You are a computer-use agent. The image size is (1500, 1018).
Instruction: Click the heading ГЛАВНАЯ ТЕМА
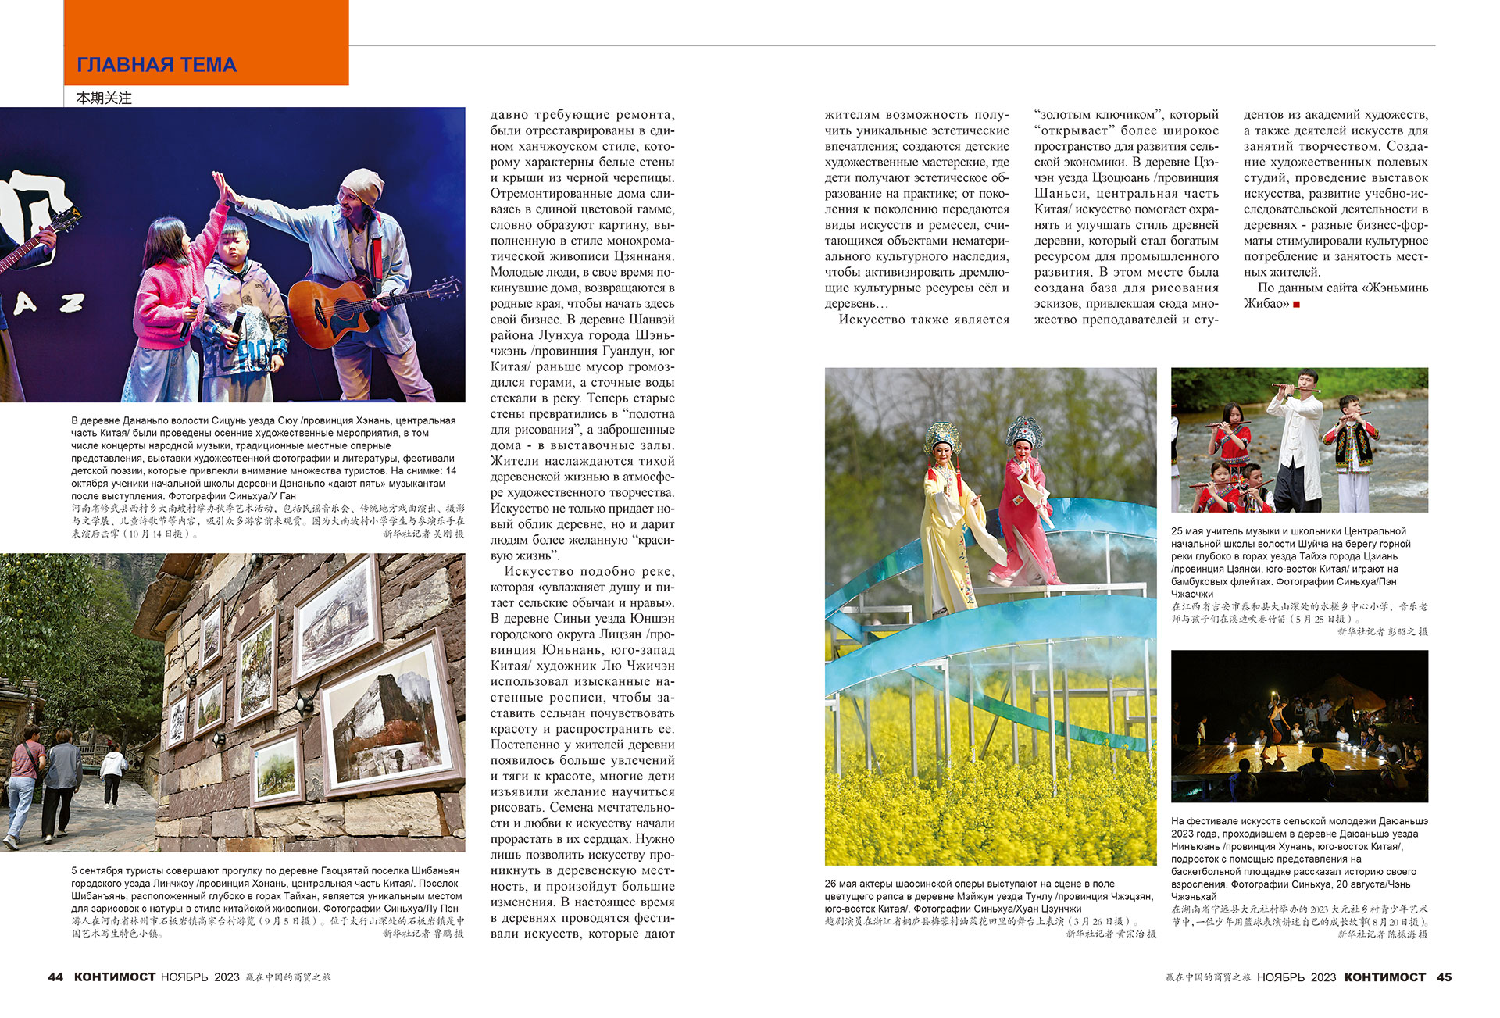tap(156, 65)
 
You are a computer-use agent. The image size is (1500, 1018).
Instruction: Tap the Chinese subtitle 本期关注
tap(104, 98)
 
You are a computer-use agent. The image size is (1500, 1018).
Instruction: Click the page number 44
tap(55, 977)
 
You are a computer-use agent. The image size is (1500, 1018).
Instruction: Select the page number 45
tap(1444, 977)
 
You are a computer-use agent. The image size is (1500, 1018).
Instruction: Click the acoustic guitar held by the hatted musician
tap(344, 309)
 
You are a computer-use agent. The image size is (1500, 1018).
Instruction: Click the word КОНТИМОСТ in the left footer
tap(115, 977)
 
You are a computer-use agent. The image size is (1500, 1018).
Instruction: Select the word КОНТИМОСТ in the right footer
tap(1385, 977)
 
